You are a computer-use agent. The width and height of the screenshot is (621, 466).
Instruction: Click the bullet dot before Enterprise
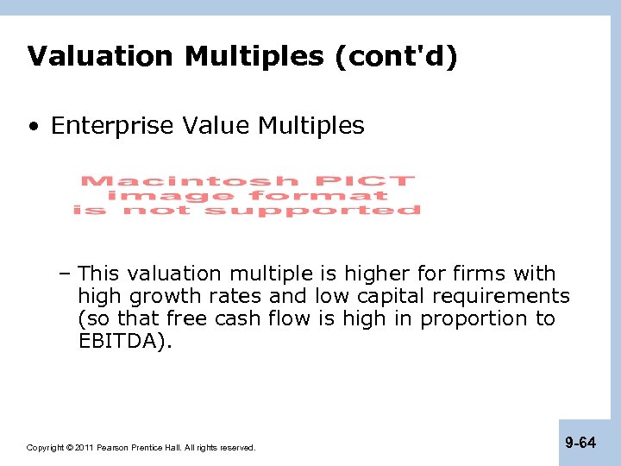(x=33, y=127)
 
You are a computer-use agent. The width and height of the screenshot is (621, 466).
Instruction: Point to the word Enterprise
(x=114, y=126)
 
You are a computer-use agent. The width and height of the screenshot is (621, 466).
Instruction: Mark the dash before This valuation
(x=66, y=274)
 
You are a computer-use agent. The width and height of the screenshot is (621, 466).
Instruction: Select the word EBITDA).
(x=125, y=341)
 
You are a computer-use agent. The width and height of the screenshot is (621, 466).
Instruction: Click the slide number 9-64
(x=580, y=443)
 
